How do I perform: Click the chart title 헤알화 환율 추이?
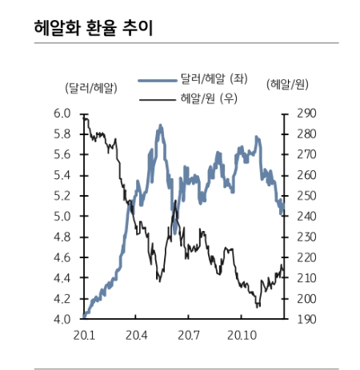click(92, 28)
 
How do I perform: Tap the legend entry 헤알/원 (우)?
click(212, 98)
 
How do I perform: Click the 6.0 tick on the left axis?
click(62, 113)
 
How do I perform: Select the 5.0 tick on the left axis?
click(62, 217)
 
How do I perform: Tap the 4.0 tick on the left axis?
click(62, 320)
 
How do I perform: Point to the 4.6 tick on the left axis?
click(62, 258)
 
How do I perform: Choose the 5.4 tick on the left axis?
click(62, 175)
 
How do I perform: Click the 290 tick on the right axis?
click(307, 113)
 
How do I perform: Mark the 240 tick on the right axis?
click(307, 217)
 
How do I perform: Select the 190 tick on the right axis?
click(307, 320)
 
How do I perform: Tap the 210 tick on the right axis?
click(307, 278)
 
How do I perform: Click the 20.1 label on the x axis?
click(83, 335)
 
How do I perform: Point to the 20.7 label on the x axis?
click(188, 335)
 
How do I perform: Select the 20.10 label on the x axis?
click(242, 335)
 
